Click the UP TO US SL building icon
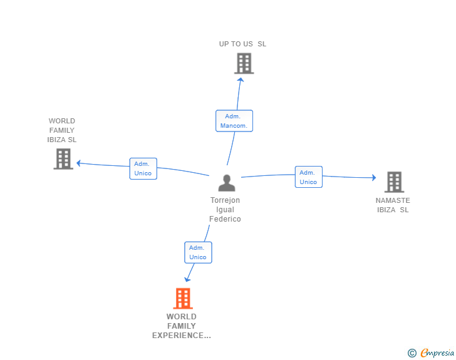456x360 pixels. pos(244,63)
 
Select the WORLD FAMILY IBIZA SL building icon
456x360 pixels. pos(63,159)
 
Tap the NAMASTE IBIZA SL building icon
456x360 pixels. pos(395,182)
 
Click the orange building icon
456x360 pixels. pos(183,299)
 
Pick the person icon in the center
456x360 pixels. pos(227,183)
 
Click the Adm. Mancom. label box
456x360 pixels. pos(234,121)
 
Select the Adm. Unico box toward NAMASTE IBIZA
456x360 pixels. pos(309,177)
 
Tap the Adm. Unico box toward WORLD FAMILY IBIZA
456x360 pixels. pos(143,168)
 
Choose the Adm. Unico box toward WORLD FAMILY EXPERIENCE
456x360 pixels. pos(198,252)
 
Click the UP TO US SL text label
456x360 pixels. pos(242,44)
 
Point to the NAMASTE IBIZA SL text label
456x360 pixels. pos(393,205)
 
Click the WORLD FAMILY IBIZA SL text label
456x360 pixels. pos(62,130)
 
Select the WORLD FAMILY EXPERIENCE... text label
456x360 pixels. pos(182,326)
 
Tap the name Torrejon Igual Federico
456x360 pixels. pos(225,209)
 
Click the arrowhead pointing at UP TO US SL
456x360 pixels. pos(241,80)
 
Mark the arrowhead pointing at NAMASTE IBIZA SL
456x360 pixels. pos(374,177)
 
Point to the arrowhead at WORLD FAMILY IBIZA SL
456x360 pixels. pos(78,163)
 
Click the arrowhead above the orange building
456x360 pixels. pos(187,279)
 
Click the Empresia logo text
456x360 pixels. pos(437,353)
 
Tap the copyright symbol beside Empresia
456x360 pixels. pos(412,353)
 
